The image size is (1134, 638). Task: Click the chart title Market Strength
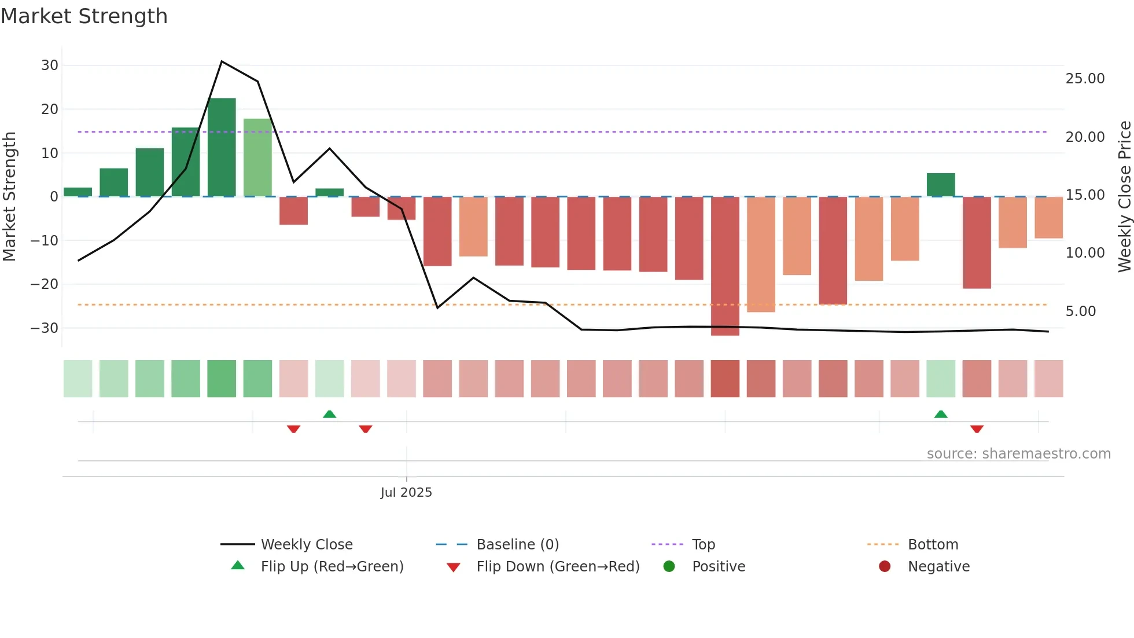(x=84, y=16)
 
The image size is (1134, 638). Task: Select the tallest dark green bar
(x=222, y=148)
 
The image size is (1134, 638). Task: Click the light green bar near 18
(x=257, y=157)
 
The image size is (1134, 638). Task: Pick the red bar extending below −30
(x=725, y=266)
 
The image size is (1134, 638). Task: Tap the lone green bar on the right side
(x=941, y=185)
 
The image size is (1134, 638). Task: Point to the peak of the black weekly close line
(x=222, y=61)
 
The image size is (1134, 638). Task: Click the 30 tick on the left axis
(x=50, y=65)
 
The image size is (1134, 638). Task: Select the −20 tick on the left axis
(x=45, y=284)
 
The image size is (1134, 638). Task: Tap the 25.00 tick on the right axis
(x=1085, y=79)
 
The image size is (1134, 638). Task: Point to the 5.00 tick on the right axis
(x=1081, y=311)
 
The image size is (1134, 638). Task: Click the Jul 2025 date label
(x=406, y=493)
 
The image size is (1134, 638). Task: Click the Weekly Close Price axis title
(x=1124, y=197)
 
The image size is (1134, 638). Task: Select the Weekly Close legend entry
(x=306, y=545)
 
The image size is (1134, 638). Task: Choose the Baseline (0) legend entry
(x=517, y=545)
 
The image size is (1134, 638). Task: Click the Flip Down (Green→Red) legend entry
(x=557, y=567)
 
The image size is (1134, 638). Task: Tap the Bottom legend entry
(x=933, y=545)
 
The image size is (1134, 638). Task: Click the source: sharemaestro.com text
(x=1018, y=454)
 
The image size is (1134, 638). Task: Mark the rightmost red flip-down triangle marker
(x=977, y=429)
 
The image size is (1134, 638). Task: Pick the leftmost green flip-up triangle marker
(x=329, y=414)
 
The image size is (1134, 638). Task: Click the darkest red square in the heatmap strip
(x=725, y=379)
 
